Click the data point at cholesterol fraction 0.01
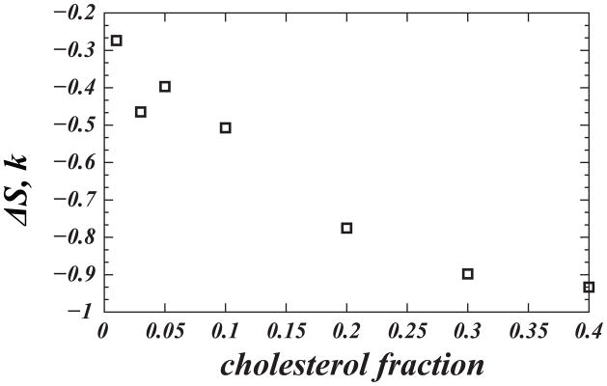[117, 41]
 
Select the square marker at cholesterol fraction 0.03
[141, 112]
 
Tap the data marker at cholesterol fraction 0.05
[165, 86]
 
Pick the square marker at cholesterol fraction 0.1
[226, 127]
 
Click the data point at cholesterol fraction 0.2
[346, 228]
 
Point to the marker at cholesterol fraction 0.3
[468, 274]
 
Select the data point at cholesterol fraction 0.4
[589, 287]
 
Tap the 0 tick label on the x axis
[103, 331]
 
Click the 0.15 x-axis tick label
[286, 331]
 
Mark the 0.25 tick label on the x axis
[406, 331]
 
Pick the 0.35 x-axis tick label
[528, 331]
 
